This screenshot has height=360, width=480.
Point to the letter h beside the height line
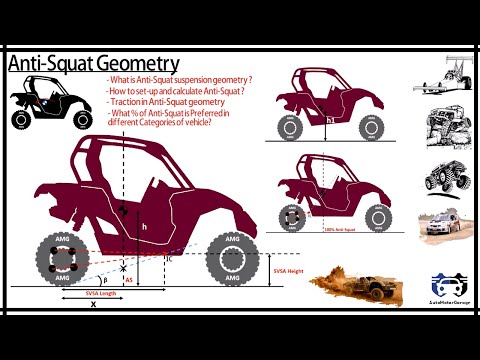pyautogui.click(x=144, y=227)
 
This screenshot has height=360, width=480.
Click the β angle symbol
pyautogui.click(x=96, y=282)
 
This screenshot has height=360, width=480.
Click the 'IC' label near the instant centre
pyautogui.click(x=170, y=259)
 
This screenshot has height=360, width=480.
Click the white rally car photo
pyautogui.click(x=440, y=224)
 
